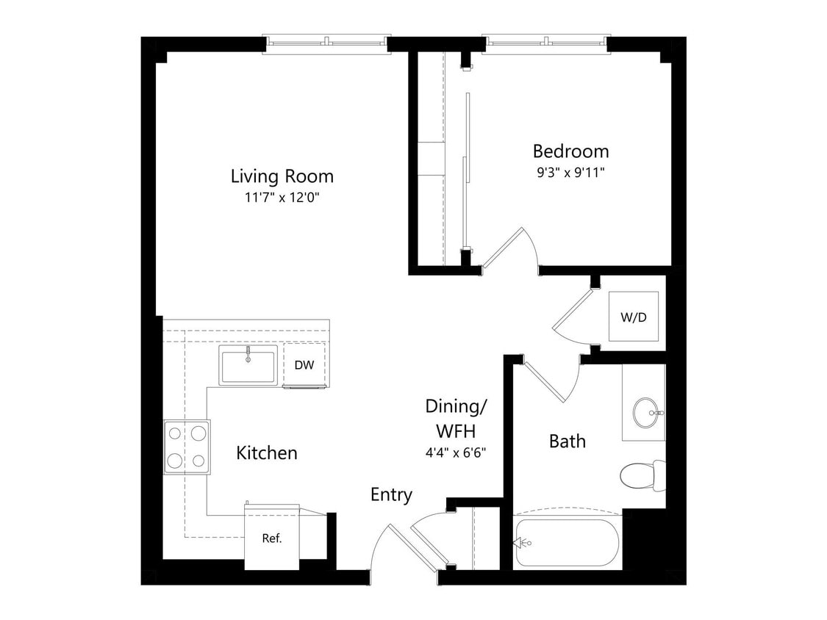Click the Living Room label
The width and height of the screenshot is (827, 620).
[282, 176]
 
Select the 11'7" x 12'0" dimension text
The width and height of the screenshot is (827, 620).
[282, 198]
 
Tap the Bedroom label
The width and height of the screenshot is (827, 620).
[570, 151]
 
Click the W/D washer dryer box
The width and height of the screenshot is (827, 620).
[634, 317]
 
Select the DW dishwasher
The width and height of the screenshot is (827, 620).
[304, 364]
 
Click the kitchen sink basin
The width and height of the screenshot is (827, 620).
[248, 367]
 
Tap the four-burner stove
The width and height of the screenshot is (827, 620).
[187, 447]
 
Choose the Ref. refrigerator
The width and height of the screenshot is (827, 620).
[272, 538]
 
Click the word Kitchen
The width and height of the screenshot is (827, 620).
[267, 453]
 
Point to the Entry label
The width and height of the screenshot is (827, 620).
[391, 495]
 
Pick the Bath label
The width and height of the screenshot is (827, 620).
[568, 441]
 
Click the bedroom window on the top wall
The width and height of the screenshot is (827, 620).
[545, 43]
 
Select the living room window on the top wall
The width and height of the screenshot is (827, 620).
[326, 43]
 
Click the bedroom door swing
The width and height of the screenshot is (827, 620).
[515, 250]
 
